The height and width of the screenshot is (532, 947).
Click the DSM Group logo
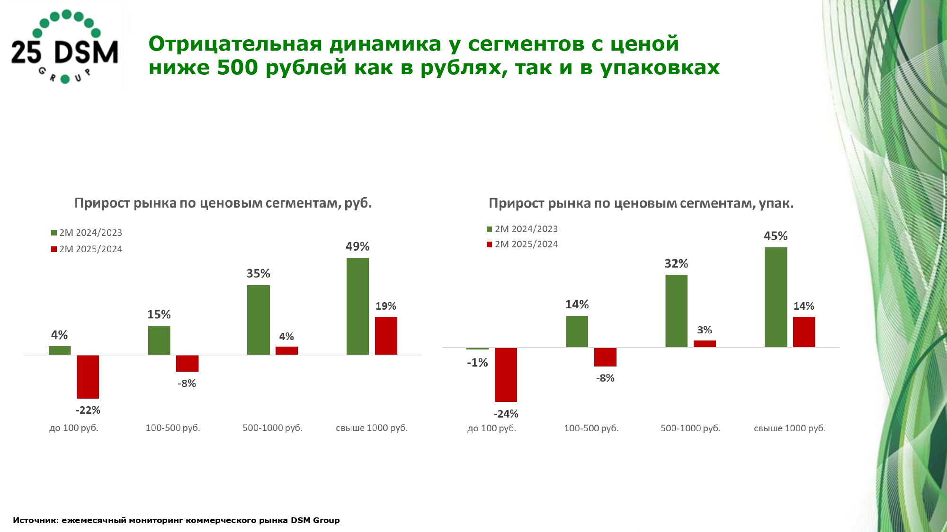pos(65,47)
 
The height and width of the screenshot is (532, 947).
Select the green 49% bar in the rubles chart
pos(357,306)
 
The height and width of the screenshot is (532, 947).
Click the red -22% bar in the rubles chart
pos(88,376)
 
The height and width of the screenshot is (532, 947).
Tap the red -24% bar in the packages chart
pos(506,375)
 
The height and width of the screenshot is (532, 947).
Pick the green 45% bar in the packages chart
pos(776,297)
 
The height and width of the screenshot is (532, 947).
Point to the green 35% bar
pos(259,320)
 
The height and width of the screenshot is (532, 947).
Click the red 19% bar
pos(386,335)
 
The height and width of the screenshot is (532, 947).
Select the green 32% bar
pos(676,311)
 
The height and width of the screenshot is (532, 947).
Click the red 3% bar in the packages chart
pos(705,344)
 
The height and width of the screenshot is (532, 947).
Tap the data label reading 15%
pos(159,314)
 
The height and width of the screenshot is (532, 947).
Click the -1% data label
pos(477,363)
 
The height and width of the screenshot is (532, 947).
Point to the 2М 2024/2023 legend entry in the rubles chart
pos(87,233)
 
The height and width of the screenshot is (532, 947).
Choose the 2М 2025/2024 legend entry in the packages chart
pos(523,244)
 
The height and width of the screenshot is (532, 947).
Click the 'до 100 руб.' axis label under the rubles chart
pos(74,428)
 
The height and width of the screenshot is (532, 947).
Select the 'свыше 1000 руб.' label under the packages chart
pos(789,428)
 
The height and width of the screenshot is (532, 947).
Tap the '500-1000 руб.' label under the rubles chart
pos(272,428)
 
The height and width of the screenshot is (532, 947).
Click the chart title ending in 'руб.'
pos(223,203)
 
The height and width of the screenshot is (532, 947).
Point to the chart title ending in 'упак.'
pos(641,203)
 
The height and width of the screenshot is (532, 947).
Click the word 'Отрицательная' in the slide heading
pos(235,44)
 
